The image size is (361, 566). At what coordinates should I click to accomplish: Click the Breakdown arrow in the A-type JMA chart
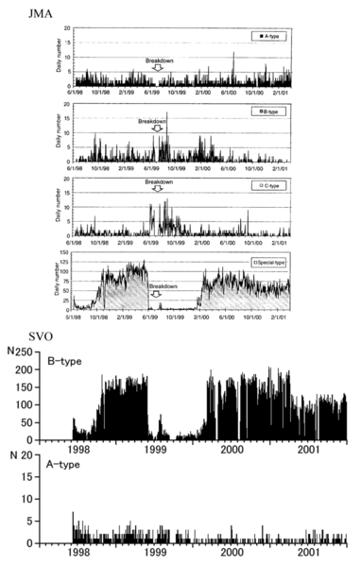pyautogui.click(x=159, y=68)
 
